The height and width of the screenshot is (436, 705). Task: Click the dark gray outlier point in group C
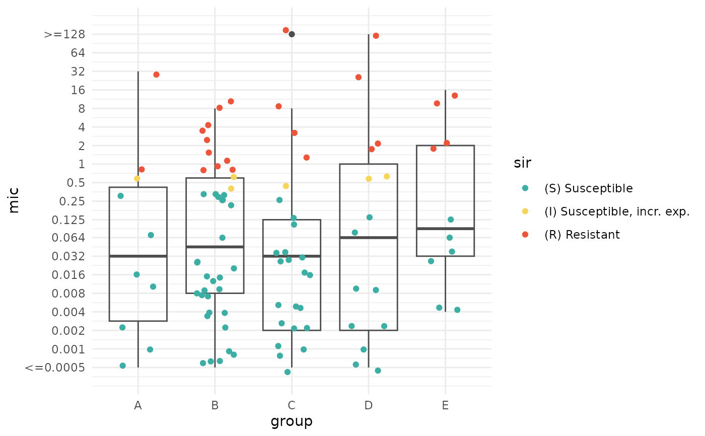pyautogui.click(x=292, y=34)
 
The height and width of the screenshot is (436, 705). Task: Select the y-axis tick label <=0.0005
pyautogui.click(x=54, y=368)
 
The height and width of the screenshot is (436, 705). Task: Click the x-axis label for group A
pyautogui.click(x=138, y=405)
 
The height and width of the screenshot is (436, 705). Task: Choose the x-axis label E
pyautogui.click(x=445, y=405)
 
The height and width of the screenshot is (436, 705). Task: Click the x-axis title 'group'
pyautogui.click(x=292, y=421)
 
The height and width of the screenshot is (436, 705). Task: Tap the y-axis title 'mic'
pyautogui.click(x=14, y=200)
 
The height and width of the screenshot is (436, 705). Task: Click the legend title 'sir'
pyautogui.click(x=523, y=163)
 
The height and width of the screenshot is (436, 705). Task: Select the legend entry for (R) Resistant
pyautogui.click(x=582, y=235)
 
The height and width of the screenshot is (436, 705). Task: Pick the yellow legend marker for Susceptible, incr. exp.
pyautogui.click(x=525, y=211)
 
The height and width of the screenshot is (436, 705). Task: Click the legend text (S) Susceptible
pyautogui.click(x=588, y=188)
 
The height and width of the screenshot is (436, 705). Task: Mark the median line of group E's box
pyautogui.click(x=445, y=229)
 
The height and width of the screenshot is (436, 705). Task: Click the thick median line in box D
pyautogui.click(x=369, y=237)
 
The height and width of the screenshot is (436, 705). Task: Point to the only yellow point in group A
pyautogui.click(x=137, y=179)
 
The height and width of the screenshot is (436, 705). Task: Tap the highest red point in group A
pyautogui.click(x=156, y=75)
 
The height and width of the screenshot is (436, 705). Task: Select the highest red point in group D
pyautogui.click(x=376, y=36)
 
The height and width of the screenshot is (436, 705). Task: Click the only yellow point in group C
pyautogui.click(x=286, y=186)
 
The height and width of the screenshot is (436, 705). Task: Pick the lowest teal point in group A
pyautogui.click(x=123, y=366)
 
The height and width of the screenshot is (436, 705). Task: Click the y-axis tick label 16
pyautogui.click(x=79, y=90)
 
